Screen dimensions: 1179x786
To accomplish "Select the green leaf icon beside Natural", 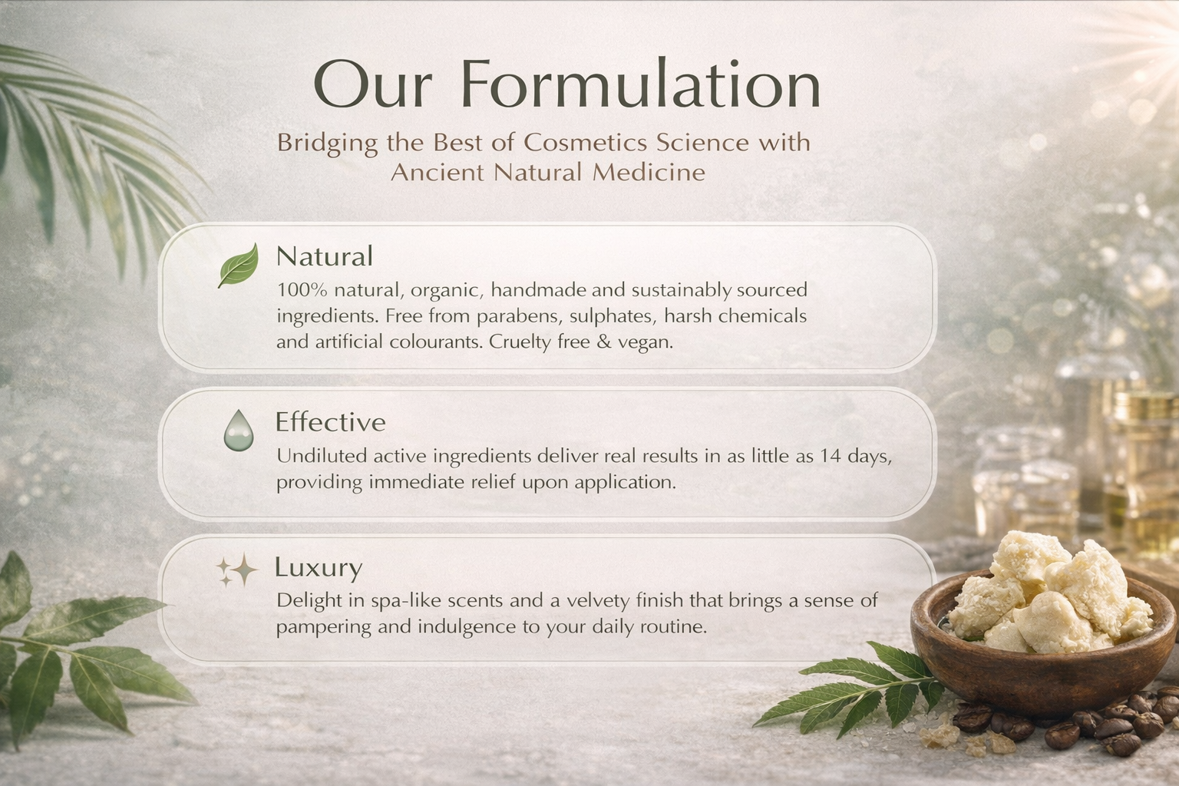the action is pos(239,265).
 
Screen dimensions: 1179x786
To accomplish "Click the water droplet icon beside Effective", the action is pos(239,430).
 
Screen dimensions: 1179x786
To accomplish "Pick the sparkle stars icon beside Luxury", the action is pos(237,570).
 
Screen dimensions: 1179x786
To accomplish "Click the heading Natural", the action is pos(325,256).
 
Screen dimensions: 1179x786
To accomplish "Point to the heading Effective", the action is pos(331,421).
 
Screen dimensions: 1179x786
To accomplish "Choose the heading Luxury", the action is pos(319,567).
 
